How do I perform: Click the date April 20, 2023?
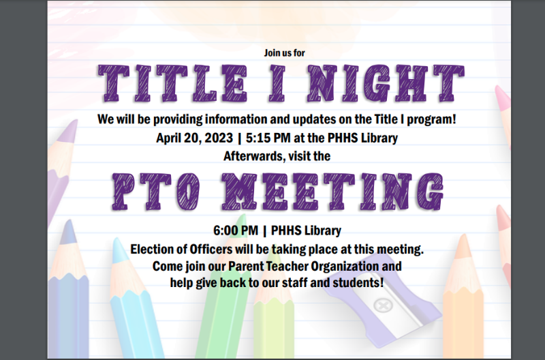[x=194, y=138]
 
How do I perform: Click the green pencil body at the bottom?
[x=218, y=327]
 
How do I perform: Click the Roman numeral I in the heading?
[x=279, y=82]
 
